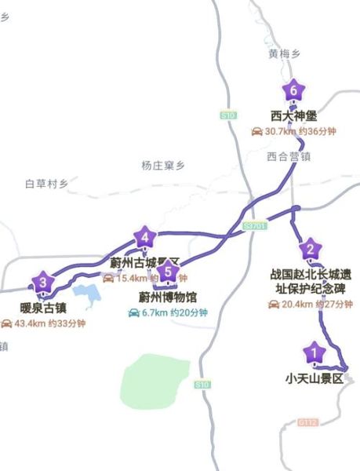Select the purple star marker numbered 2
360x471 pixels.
coord(311,250)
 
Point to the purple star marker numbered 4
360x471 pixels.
coord(144,235)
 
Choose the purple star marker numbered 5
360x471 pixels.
coord(166,272)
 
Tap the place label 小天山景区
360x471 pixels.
coord(315,378)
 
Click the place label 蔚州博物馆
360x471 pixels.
coord(167,297)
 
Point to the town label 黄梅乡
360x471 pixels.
coord(284,53)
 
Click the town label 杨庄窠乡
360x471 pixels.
coord(162,166)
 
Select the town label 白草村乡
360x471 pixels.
coord(46,184)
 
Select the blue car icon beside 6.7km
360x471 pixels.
coord(135,312)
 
